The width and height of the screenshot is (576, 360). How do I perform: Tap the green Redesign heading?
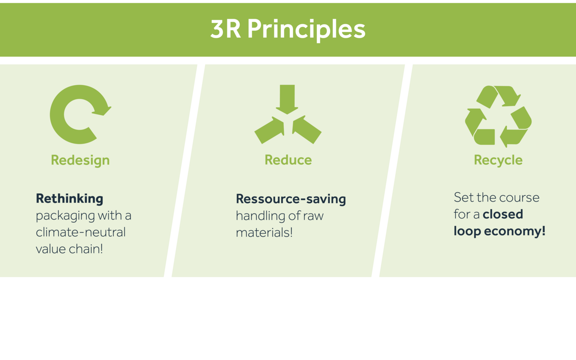click(x=80, y=161)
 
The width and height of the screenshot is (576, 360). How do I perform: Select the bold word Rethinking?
click(x=69, y=199)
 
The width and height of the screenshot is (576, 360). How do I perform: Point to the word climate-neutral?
click(x=80, y=232)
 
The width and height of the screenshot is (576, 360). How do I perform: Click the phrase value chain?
click(x=69, y=249)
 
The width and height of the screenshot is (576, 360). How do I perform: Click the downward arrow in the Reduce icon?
click(x=287, y=99)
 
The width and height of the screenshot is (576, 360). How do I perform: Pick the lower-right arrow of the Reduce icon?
click(x=307, y=130)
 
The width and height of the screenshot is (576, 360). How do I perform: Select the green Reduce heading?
click(x=288, y=160)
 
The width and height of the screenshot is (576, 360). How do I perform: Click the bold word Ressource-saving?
click(x=291, y=199)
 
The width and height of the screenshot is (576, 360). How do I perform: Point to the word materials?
click(x=264, y=233)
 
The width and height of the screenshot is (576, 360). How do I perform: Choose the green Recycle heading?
click(x=498, y=161)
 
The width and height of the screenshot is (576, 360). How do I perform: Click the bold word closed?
click(x=503, y=214)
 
